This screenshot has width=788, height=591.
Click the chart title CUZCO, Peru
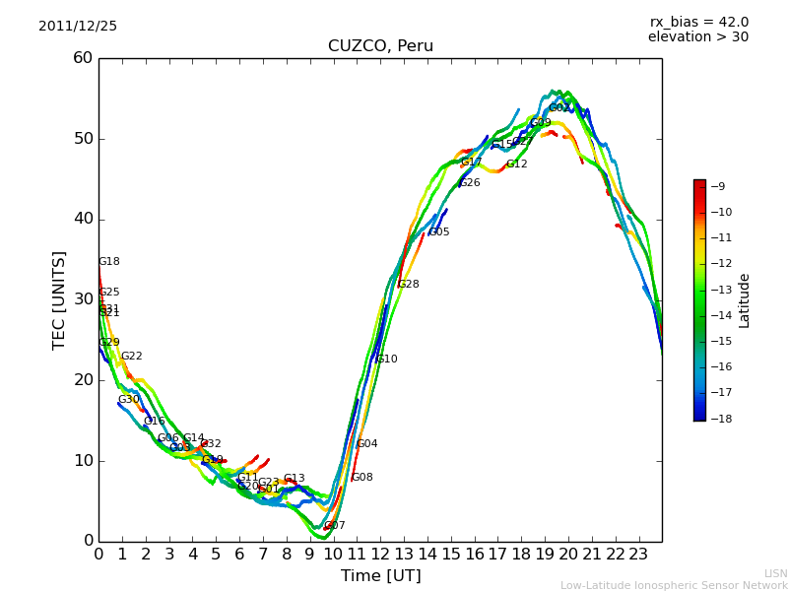click(x=380, y=46)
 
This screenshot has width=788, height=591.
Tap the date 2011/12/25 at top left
click(x=78, y=27)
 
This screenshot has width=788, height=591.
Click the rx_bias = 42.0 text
click(x=698, y=22)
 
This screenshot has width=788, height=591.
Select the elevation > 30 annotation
click(x=697, y=37)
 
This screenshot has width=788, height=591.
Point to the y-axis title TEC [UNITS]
click(x=59, y=299)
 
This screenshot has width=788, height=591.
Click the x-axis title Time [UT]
click(x=380, y=576)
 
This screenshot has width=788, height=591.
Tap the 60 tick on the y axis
click(x=83, y=58)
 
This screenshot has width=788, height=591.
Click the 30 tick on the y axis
click(x=83, y=299)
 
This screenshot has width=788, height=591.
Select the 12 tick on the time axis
click(x=380, y=554)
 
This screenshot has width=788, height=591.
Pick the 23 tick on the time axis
click(x=638, y=554)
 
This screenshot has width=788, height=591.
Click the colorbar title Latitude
click(x=745, y=300)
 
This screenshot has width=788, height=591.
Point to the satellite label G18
click(x=109, y=262)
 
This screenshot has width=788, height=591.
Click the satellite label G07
click(x=335, y=526)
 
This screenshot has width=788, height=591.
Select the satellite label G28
click(x=409, y=285)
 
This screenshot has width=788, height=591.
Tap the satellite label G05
click(x=439, y=232)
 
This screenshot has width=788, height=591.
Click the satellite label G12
click(x=517, y=164)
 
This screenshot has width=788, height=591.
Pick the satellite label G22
click(x=132, y=357)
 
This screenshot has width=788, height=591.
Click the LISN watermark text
click(x=775, y=573)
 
